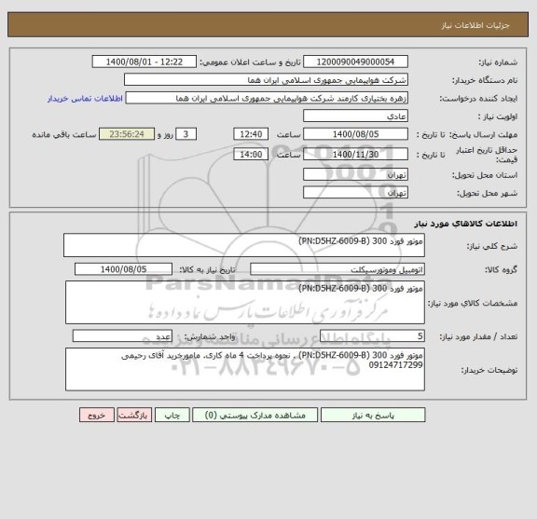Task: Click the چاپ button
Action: [169, 416]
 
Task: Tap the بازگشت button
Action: [131, 416]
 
